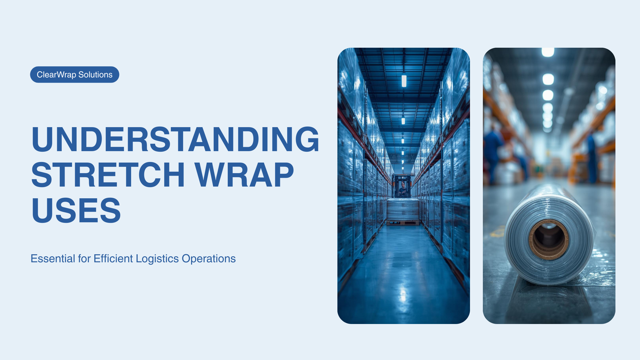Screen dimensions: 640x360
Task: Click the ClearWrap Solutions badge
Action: coord(75,75)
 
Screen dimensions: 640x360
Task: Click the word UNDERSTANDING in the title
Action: coord(175,139)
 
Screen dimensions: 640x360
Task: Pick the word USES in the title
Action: coord(76,211)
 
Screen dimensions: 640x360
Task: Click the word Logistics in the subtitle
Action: coord(157,259)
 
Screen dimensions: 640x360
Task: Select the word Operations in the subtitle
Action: coord(209,259)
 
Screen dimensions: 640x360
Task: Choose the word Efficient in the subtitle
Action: coord(113,259)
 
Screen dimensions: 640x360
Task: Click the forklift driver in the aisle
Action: coord(403,188)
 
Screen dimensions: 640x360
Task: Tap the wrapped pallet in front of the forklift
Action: coord(403,210)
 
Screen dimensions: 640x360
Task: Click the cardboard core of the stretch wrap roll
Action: coord(549,239)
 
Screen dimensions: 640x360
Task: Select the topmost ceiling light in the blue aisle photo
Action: coord(404,81)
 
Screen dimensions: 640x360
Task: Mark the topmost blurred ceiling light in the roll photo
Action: coord(548,52)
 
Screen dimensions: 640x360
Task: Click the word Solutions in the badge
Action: coord(95,75)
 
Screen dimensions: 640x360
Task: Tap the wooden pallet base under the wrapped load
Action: coord(403,223)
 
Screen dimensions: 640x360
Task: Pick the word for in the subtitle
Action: coord(84,259)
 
